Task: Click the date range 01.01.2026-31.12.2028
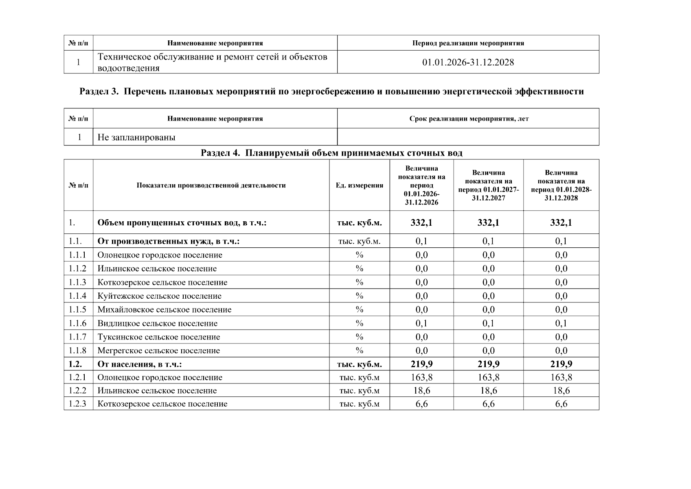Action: (468, 62)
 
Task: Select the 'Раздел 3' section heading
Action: (331, 92)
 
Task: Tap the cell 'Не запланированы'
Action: (136, 137)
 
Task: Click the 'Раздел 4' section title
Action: (331, 153)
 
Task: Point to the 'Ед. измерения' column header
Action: (359, 185)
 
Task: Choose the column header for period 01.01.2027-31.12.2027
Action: (488, 185)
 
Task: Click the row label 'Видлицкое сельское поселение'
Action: (157, 324)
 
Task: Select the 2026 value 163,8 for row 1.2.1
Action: (421, 377)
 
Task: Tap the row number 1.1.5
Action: (78, 310)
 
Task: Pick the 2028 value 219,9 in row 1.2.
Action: (561, 364)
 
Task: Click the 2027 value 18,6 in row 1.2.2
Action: (488, 391)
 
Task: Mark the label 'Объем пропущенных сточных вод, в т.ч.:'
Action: (182, 223)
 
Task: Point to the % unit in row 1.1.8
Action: (359, 350)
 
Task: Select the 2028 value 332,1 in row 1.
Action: (561, 222)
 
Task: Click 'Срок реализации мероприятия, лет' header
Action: (469, 119)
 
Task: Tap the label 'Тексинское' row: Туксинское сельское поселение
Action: (158, 337)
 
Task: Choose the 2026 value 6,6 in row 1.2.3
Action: (421, 404)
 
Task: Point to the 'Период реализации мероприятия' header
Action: (468, 43)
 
